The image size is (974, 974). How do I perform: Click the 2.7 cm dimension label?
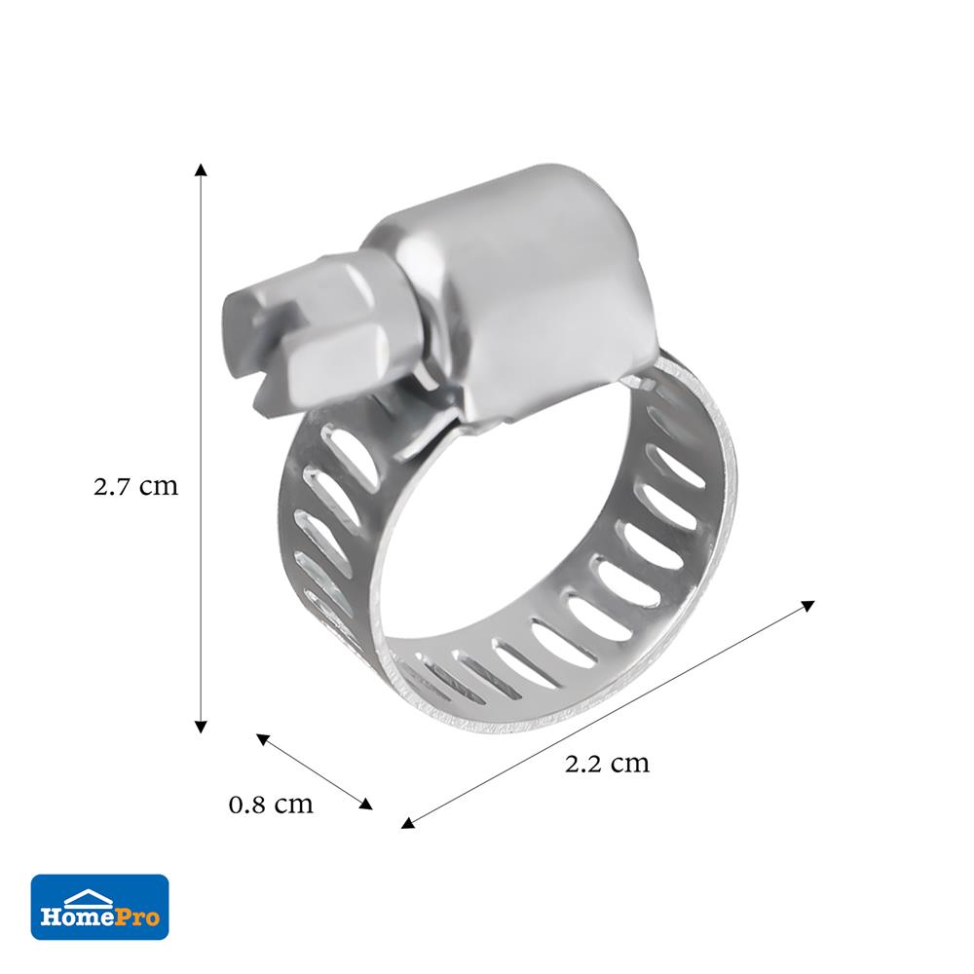135,486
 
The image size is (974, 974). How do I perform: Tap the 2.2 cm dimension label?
607,763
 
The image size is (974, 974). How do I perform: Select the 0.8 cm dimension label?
271,805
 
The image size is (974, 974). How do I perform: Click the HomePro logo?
100,907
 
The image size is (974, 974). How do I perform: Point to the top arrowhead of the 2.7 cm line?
200,169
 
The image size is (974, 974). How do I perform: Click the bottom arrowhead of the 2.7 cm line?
200,727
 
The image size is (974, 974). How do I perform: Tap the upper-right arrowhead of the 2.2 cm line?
807,605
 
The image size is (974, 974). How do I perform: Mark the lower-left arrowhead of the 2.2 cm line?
407,823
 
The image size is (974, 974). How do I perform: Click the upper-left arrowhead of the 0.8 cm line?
263,739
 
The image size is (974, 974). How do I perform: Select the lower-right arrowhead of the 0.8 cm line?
366,804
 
